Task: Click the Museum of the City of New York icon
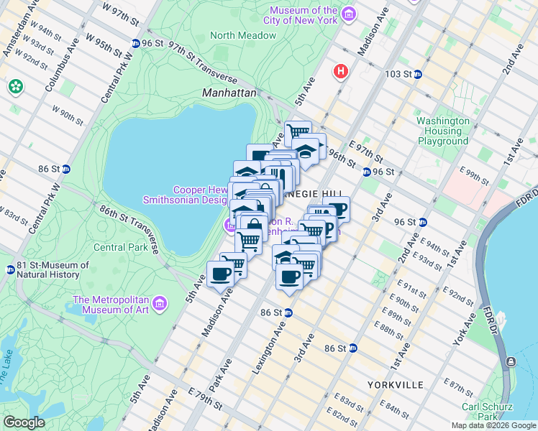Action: click(349, 15)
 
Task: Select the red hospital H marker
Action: click(340, 71)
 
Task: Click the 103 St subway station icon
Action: click(417, 74)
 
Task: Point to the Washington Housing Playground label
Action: click(443, 131)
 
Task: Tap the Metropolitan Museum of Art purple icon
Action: click(160, 300)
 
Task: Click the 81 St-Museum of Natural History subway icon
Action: click(10, 270)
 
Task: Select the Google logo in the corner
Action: click(24, 422)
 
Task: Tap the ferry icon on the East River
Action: click(510, 361)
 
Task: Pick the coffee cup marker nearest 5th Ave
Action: click(219, 274)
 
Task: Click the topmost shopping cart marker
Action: click(298, 131)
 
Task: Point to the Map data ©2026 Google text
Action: click(493, 425)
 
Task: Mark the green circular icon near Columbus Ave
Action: click(15, 86)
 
